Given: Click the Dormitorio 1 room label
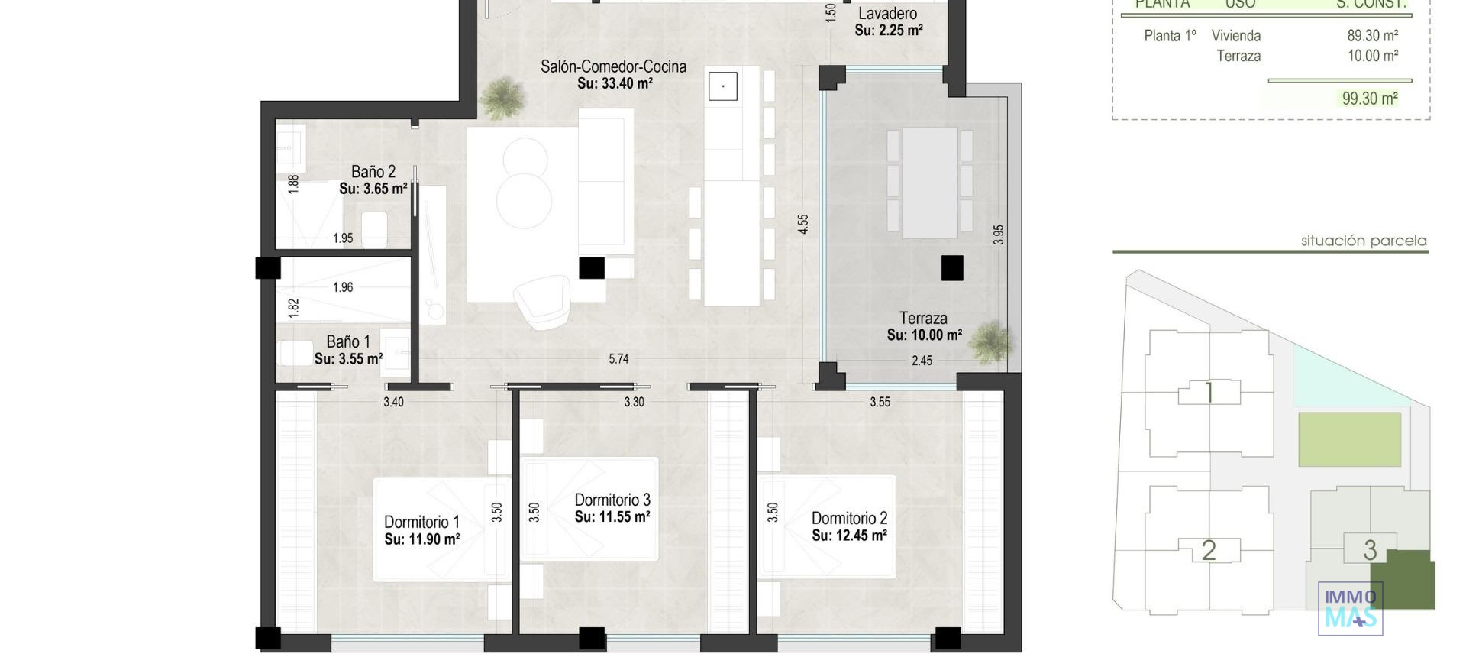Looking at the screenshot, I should tap(421, 522).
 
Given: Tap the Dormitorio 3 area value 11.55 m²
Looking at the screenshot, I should tap(612, 517).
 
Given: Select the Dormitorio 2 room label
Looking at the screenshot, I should tap(849, 518).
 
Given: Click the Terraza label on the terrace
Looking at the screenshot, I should tap(923, 318).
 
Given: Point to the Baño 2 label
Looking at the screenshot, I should tap(373, 172).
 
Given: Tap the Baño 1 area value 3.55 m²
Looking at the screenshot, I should tap(348, 359).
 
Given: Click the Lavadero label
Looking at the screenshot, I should tap(887, 14).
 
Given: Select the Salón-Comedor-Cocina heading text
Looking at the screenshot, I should tap(613, 66).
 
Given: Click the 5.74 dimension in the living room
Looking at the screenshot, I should tap(618, 358).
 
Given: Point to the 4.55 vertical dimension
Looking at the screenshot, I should tap(802, 224).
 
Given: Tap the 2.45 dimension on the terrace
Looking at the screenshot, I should tap(922, 361).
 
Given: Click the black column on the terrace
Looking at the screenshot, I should tap(952, 268).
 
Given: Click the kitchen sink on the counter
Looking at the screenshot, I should tap(722, 86).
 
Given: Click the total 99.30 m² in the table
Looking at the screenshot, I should tap(1370, 99).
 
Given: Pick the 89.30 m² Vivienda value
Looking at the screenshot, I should tap(1372, 36).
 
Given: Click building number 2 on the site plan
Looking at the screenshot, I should tap(1209, 550).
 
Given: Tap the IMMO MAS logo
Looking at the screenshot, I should tap(1350, 608).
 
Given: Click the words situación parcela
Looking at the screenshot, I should tap(1363, 241).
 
